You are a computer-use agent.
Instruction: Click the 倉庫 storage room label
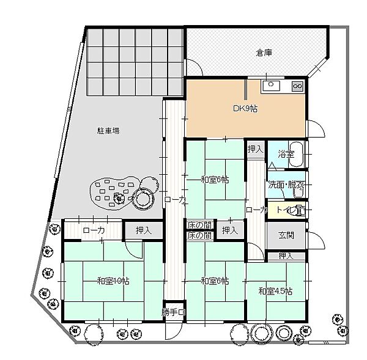(264, 53)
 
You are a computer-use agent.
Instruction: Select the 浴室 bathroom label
(286, 154)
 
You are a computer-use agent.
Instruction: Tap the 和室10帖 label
(113, 281)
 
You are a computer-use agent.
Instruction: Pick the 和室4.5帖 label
(275, 290)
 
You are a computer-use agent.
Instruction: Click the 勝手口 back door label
(173, 312)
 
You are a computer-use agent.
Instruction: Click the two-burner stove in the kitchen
(297, 86)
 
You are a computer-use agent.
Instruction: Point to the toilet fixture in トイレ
(298, 210)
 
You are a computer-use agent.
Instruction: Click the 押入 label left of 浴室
(255, 149)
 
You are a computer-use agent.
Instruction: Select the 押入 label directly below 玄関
(286, 255)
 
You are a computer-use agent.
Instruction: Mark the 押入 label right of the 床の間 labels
(230, 230)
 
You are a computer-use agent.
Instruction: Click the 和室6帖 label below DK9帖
(215, 180)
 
